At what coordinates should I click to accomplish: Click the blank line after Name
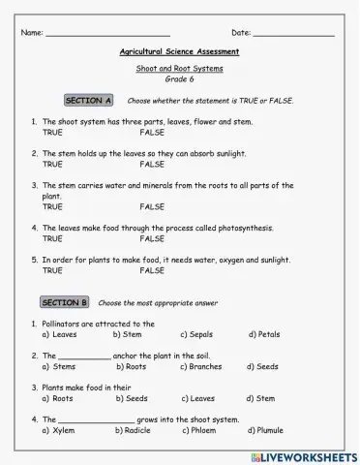[108, 35]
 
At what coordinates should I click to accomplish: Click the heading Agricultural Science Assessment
[179, 51]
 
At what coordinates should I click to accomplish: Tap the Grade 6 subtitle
[180, 79]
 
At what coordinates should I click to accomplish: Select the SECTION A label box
[89, 101]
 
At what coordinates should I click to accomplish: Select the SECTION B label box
[65, 302]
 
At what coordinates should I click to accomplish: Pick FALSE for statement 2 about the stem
[152, 165]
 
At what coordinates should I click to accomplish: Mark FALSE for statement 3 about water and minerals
[152, 206]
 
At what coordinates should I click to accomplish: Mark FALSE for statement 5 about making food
[152, 271]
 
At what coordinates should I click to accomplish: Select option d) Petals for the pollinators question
[263, 334]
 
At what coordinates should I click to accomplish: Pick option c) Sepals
[195, 334]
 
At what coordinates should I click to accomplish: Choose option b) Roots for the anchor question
[132, 367]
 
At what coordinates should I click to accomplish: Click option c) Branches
[199, 367]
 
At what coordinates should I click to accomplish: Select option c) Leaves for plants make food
[196, 398]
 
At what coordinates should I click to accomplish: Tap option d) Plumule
[265, 430]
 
